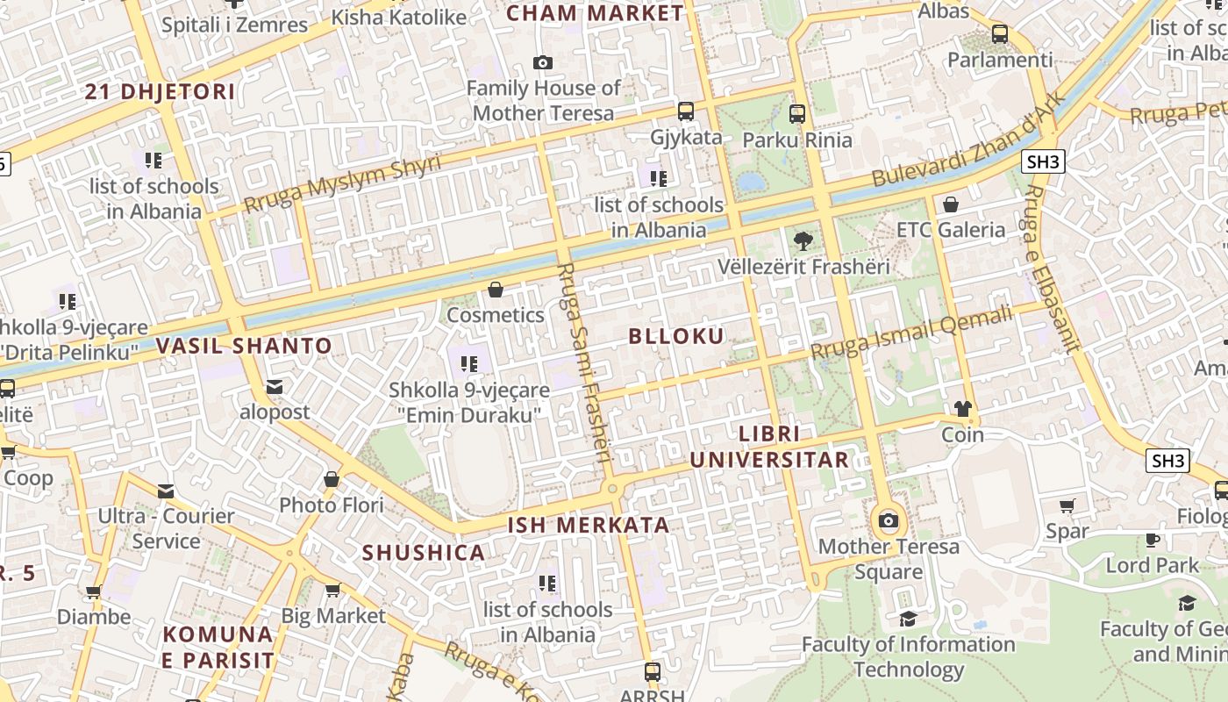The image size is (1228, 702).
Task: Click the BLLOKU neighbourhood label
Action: tap(676, 336)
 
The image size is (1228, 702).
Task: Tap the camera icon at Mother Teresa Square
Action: tap(889, 520)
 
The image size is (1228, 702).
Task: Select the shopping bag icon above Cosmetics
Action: tap(496, 289)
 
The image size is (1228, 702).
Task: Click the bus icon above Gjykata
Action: tap(686, 111)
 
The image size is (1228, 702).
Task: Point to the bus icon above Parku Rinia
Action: tap(797, 113)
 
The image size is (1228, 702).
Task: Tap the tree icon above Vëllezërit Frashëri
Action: tap(803, 240)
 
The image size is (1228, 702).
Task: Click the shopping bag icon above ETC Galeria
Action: tap(950, 204)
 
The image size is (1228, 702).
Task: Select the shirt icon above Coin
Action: tap(963, 408)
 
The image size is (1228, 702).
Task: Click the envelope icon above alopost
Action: tap(275, 386)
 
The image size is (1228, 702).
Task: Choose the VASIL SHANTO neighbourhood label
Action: tap(244, 346)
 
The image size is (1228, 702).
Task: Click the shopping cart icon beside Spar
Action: tap(1067, 505)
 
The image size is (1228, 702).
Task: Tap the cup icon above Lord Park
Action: tap(1153, 540)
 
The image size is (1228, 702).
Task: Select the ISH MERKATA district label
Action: tap(589, 526)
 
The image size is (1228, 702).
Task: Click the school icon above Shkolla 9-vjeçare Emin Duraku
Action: tap(469, 363)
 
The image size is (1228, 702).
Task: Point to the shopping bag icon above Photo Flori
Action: tap(332, 479)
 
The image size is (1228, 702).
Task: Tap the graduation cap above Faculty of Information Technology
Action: tap(908, 619)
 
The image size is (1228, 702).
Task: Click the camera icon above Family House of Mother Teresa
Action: tap(543, 62)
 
